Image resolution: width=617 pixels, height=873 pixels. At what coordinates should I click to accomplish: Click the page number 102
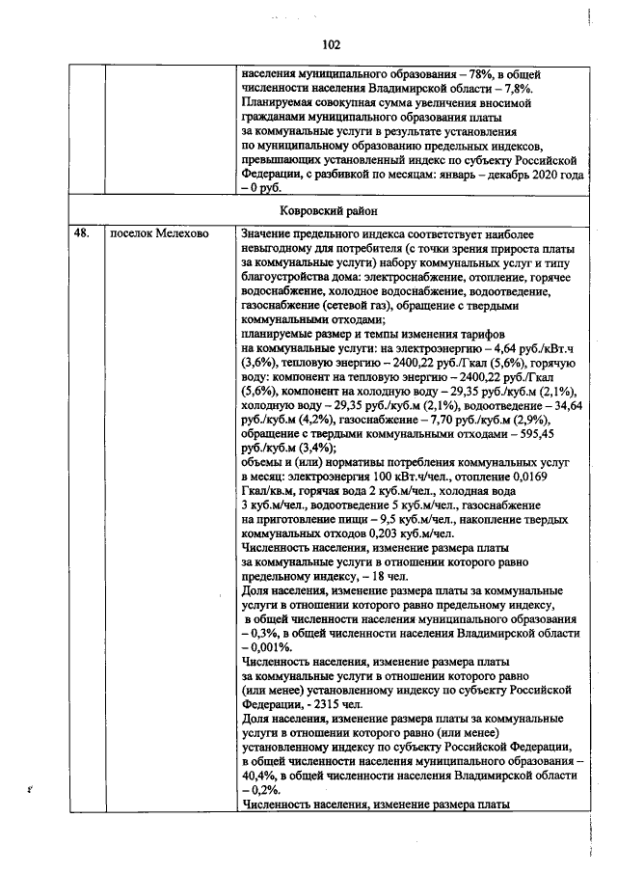click(332, 44)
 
